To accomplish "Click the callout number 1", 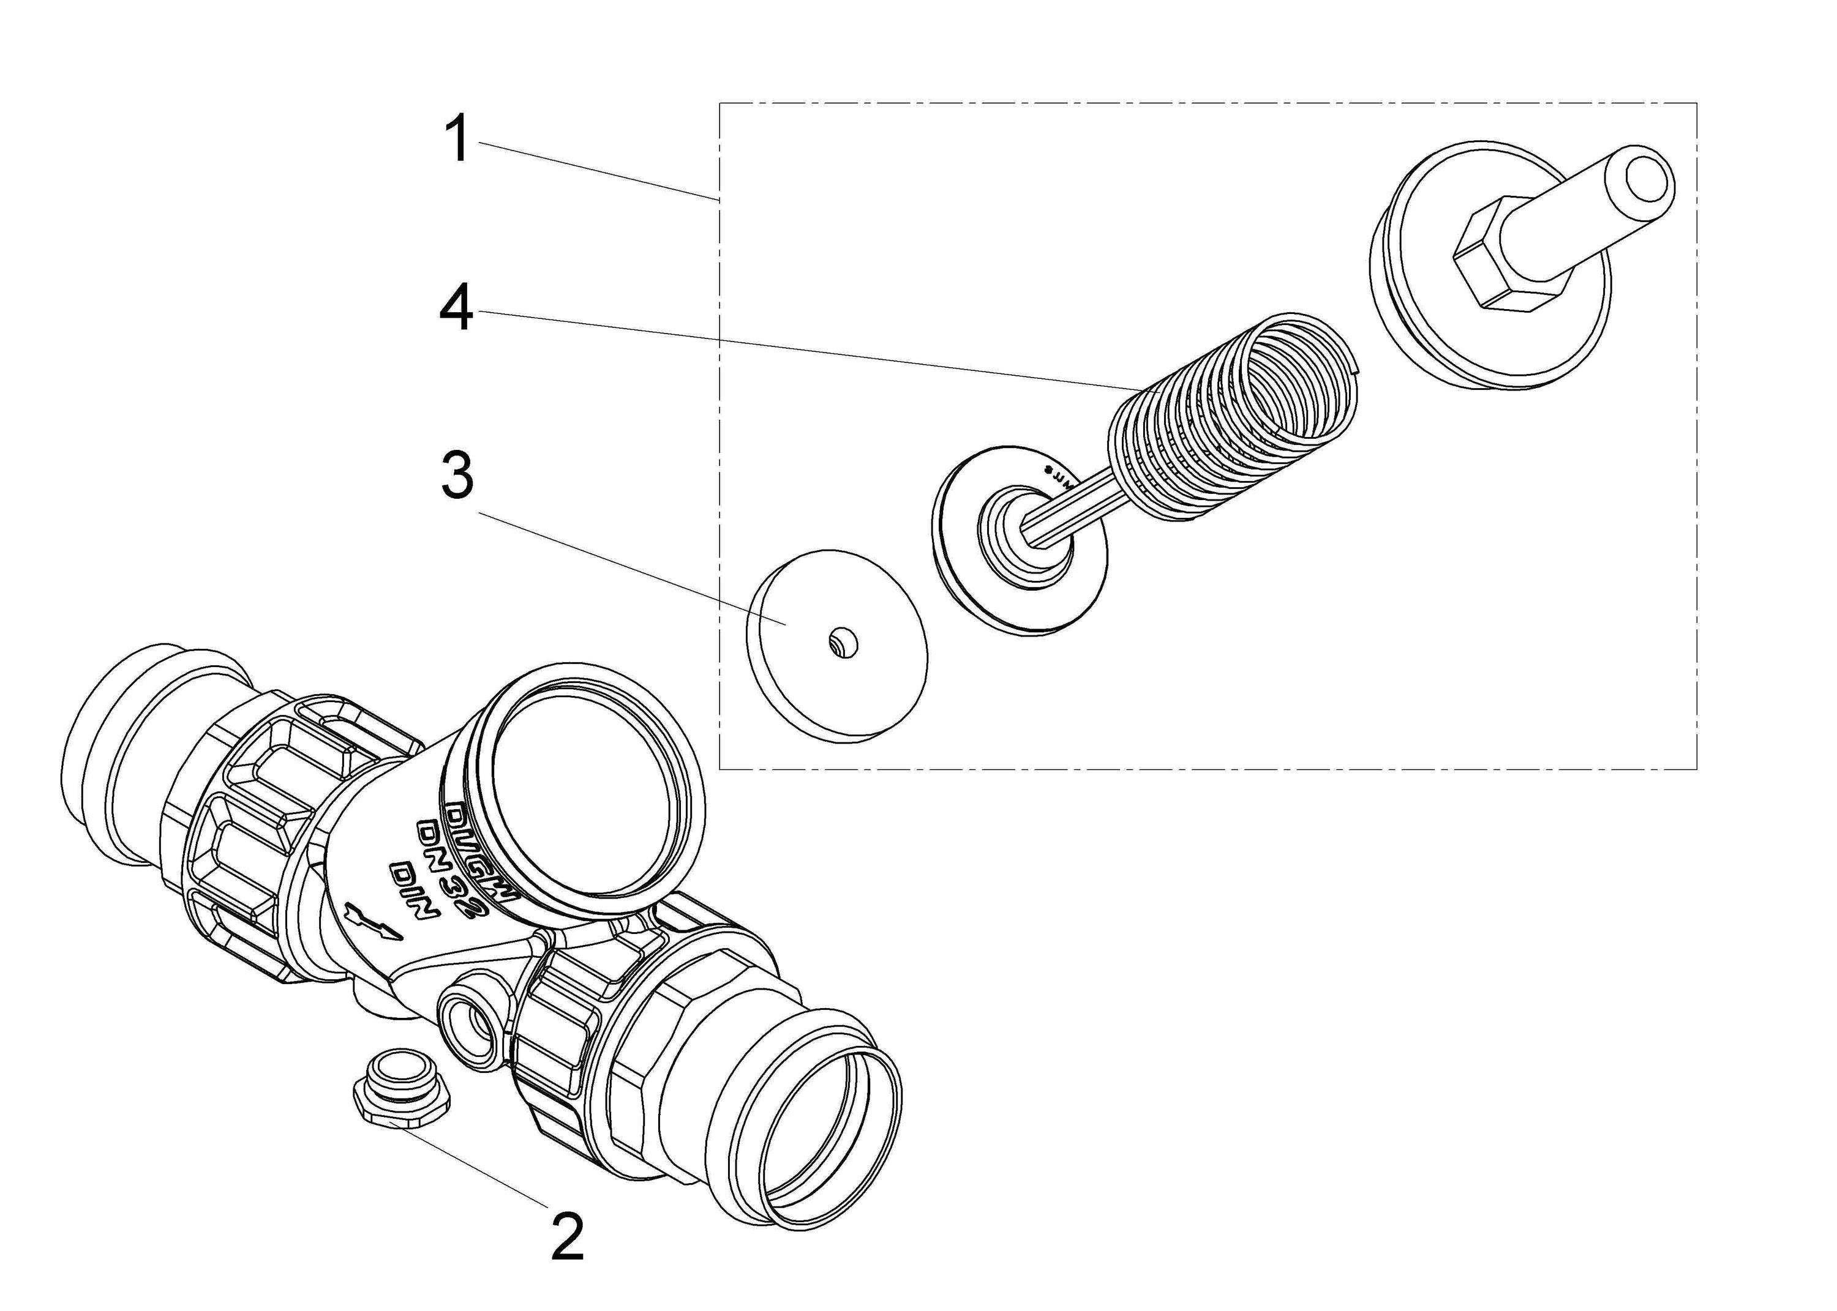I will tap(458, 139).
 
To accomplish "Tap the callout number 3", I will tap(456, 478).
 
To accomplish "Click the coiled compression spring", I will tap(1236, 420).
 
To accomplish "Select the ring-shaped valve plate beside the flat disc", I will tap(1021, 537).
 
